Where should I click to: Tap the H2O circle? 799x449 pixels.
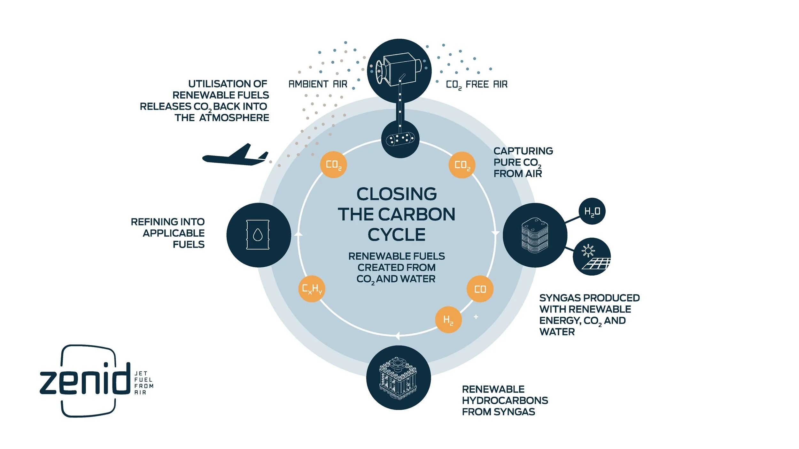coord(592,211)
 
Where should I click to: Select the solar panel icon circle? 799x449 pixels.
coord(592,256)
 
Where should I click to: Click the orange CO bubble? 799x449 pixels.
coord(480,289)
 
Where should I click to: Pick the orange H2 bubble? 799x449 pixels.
coord(448,320)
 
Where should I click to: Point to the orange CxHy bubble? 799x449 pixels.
coord(312,289)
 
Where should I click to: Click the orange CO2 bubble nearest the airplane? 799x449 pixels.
coord(333,165)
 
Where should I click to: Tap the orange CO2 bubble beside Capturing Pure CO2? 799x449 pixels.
coord(462,165)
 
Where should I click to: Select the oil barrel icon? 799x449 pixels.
coord(258,235)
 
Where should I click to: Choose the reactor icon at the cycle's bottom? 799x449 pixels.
coord(398,378)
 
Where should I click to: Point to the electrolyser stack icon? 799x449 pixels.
coord(535,235)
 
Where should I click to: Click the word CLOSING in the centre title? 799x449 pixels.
coord(397,194)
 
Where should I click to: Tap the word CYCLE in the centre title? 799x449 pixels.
coord(397,235)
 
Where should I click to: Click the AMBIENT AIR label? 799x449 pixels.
coord(318,84)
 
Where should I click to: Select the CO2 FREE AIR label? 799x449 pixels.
coord(477,85)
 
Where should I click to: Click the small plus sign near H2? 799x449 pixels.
coord(476,317)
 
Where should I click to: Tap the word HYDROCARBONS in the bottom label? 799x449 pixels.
coord(505,400)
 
